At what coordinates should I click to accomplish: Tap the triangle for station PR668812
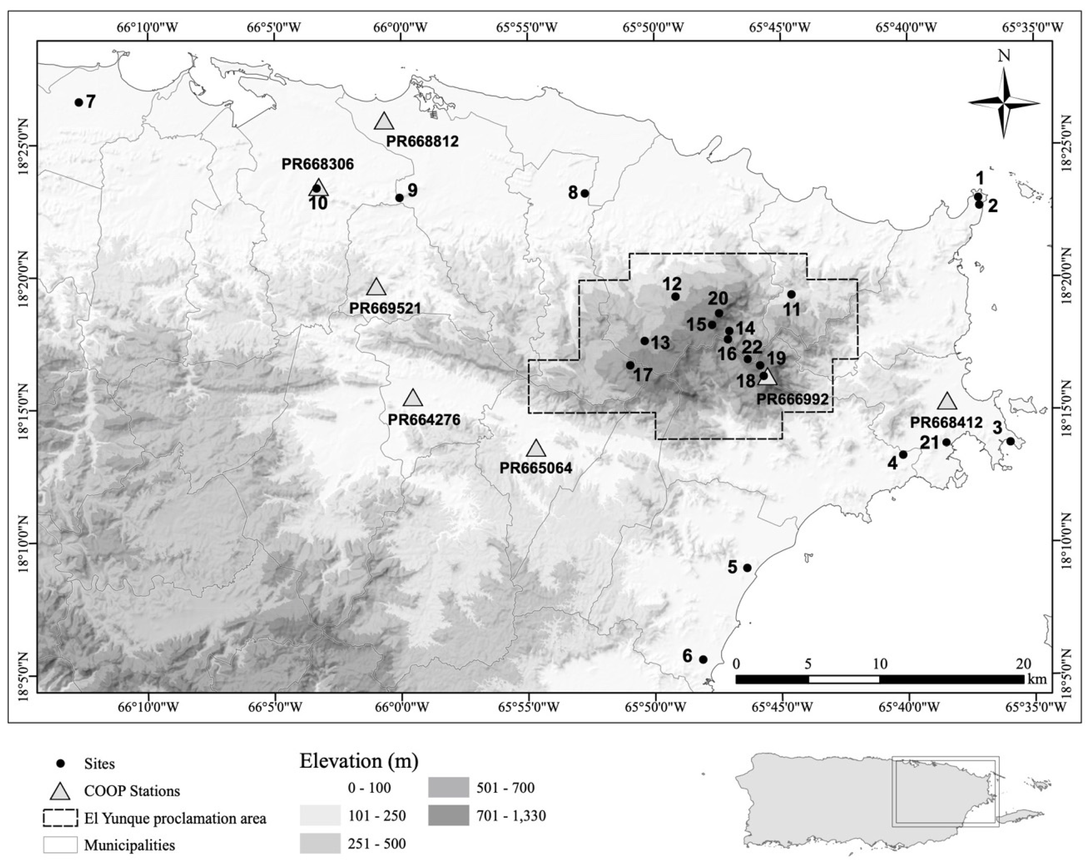pyautogui.click(x=384, y=122)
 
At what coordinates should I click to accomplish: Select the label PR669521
pyautogui.click(x=385, y=308)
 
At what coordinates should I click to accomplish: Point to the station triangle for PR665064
pyautogui.click(x=536, y=449)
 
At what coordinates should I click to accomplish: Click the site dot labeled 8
pyautogui.click(x=585, y=193)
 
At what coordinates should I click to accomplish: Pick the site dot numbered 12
pyautogui.click(x=675, y=297)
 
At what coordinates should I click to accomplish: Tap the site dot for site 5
pyautogui.click(x=747, y=568)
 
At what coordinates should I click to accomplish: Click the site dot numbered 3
pyautogui.click(x=1010, y=441)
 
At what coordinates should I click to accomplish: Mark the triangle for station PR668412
pyautogui.click(x=947, y=402)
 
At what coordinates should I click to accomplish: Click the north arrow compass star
pyautogui.click(x=1004, y=103)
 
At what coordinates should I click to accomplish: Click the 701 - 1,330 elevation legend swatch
pyautogui.click(x=448, y=815)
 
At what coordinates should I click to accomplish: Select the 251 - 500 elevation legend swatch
pyautogui.click(x=320, y=843)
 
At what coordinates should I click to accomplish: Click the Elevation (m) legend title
pyautogui.click(x=359, y=761)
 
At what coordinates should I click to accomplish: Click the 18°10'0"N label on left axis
pyautogui.click(x=23, y=543)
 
